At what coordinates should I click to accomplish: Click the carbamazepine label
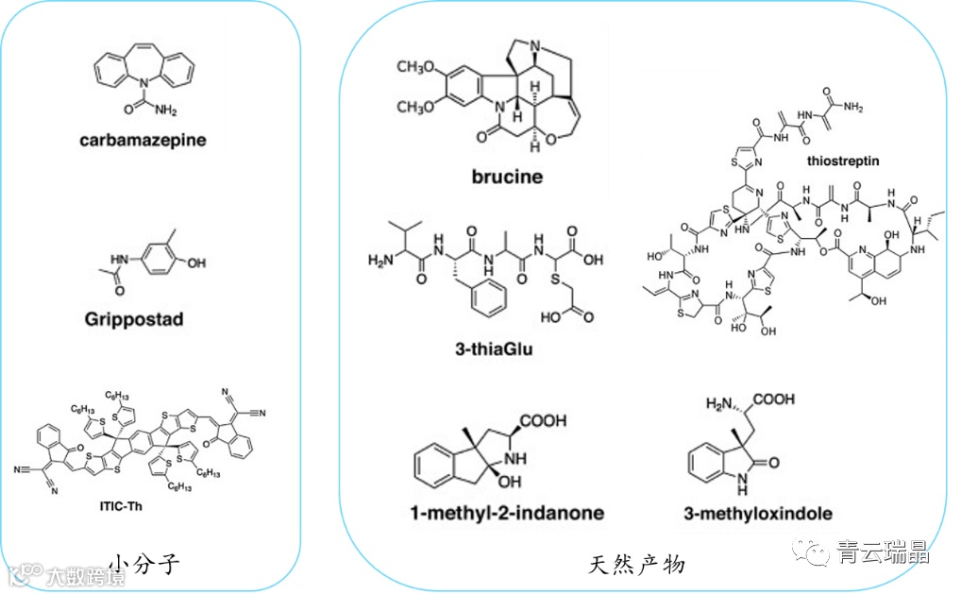pyautogui.click(x=143, y=140)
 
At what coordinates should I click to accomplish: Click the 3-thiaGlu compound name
pyautogui.click(x=495, y=348)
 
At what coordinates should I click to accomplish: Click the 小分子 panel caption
pyautogui.click(x=143, y=566)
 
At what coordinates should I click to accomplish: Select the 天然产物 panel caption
pyautogui.click(x=637, y=566)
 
